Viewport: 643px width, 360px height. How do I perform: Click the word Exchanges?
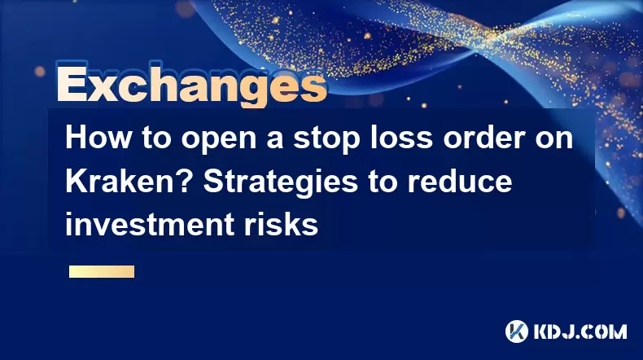(x=191, y=85)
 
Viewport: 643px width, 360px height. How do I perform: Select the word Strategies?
(x=281, y=182)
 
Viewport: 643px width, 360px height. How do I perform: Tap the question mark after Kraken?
(x=188, y=181)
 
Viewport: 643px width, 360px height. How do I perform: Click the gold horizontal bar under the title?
(x=102, y=271)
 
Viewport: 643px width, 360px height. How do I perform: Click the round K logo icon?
(x=517, y=331)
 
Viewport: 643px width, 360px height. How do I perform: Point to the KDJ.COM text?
(x=580, y=331)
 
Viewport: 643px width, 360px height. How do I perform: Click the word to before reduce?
(x=383, y=182)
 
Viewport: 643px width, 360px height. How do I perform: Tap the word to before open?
(x=156, y=138)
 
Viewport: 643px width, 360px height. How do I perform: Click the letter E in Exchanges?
(x=72, y=85)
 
